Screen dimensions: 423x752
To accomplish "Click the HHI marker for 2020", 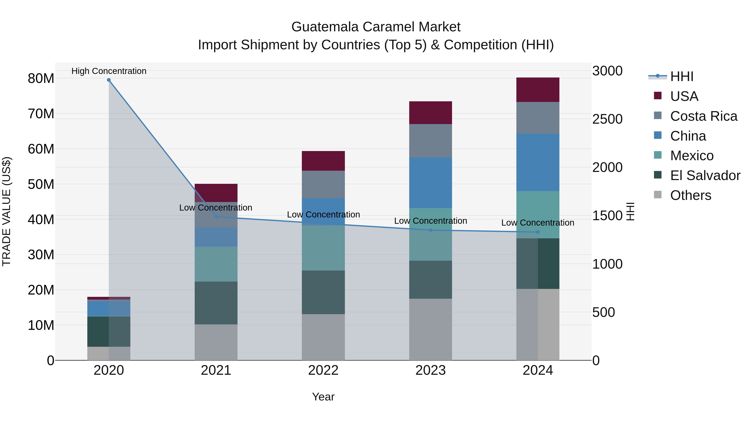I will (x=109, y=80).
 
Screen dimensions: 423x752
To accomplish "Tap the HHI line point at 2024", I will (x=538, y=232).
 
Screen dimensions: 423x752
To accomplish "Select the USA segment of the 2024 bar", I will (x=538, y=90).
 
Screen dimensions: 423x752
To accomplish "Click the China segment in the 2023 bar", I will (x=430, y=183).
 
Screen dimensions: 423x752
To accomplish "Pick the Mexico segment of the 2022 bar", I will (x=323, y=248).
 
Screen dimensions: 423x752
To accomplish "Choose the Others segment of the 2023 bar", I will (x=430, y=329).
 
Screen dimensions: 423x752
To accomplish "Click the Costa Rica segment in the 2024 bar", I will (x=538, y=118).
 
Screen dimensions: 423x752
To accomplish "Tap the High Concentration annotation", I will (x=109, y=71).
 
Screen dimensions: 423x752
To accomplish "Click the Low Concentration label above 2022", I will (x=323, y=215).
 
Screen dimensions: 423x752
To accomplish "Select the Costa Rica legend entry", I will (x=704, y=116).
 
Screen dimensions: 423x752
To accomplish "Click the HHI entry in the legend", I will (x=682, y=76).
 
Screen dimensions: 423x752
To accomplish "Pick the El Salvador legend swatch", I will (x=658, y=175).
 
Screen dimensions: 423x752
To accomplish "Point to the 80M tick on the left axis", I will (x=41, y=79).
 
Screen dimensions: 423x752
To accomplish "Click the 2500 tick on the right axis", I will (x=607, y=119).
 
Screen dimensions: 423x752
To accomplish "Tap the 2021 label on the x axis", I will (x=216, y=370).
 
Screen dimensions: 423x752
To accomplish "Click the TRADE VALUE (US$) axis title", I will (x=7, y=211).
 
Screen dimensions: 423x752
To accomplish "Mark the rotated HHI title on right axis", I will (x=631, y=211).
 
